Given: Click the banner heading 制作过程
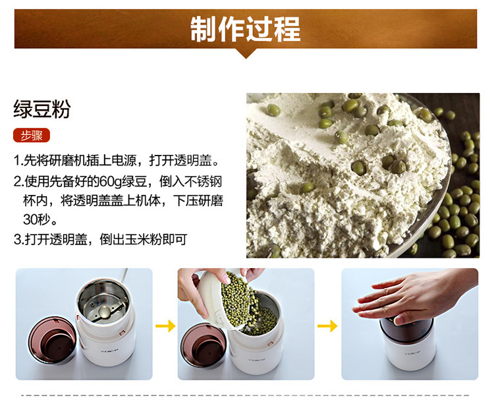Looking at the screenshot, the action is [x=246, y=29].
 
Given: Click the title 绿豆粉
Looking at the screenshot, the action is [x=42, y=109].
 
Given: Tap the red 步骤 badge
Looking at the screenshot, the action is [x=32, y=136].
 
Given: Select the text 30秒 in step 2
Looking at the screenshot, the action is [x=36, y=219].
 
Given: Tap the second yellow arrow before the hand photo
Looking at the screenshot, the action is [x=327, y=326].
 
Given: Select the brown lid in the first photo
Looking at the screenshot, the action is [x=52, y=339].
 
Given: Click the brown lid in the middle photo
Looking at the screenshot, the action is [x=204, y=345].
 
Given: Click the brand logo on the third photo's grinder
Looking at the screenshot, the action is [x=412, y=353].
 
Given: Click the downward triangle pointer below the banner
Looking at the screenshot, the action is [x=246, y=53].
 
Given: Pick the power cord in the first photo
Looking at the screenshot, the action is [x=124, y=275].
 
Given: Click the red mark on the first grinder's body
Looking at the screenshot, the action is [x=121, y=332].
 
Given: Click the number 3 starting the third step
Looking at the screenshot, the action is [x=17, y=240].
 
